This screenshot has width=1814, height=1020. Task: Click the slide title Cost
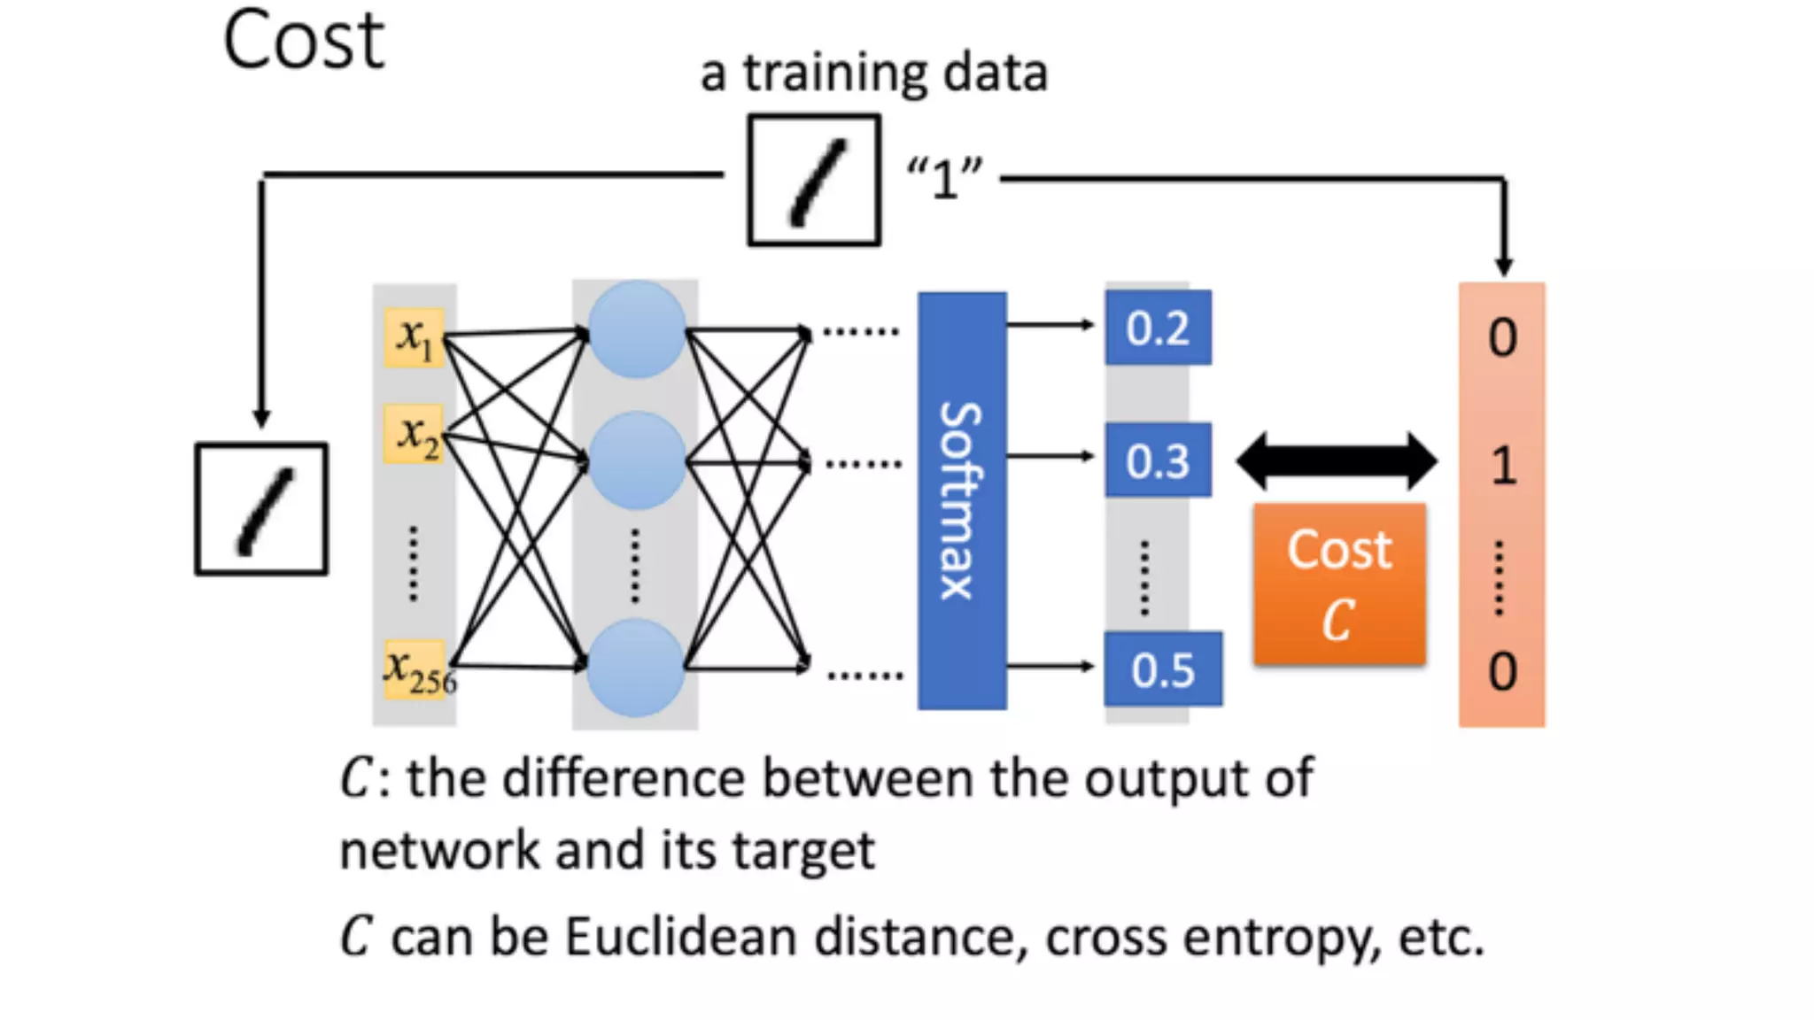(303, 41)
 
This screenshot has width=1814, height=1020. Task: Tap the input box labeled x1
(414, 337)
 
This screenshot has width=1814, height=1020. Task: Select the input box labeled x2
(414, 435)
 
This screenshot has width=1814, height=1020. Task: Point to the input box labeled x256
(415, 669)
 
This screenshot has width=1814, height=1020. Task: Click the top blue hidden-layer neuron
(636, 329)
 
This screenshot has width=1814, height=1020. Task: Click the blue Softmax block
(962, 500)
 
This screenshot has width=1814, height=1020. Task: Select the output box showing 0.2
(1158, 328)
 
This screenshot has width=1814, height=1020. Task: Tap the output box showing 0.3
(1158, 460)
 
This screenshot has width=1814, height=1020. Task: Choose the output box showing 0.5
(1163, 669)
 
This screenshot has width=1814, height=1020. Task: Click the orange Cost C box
(1339, 583)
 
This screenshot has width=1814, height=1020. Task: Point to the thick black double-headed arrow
(1336, 460)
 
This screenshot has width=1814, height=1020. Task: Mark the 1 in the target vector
(1503, 466)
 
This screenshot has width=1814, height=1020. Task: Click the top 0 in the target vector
(1502, 337)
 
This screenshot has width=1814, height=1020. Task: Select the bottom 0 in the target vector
(1502, 671)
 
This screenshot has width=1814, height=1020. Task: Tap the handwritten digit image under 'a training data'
(814, 180)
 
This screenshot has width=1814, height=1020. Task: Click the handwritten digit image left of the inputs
(261, 509)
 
